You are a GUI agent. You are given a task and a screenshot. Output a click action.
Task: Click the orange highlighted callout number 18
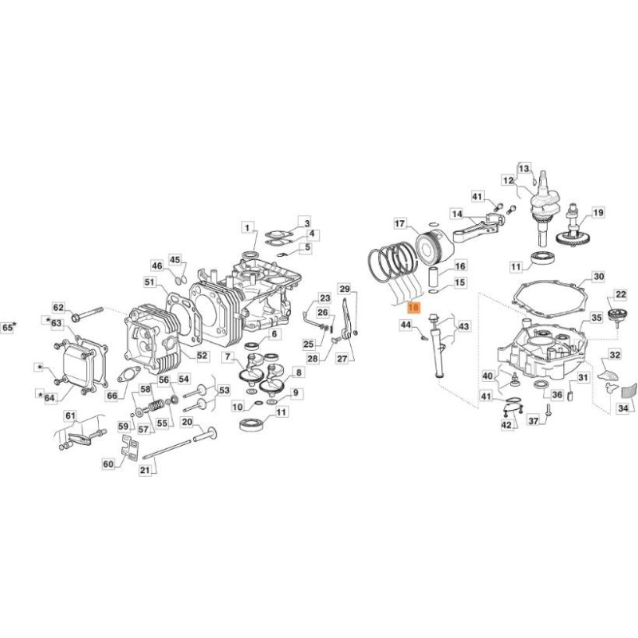[413, 307]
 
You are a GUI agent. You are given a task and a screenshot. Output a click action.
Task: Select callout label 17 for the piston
[400, 223]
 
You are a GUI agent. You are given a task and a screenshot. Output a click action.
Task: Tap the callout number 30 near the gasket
[599, 277]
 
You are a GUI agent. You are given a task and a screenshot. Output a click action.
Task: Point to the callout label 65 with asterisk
[10, 327]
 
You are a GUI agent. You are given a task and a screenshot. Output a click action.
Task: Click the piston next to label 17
[435, 246]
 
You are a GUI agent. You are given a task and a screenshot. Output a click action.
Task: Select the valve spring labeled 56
[156, 405]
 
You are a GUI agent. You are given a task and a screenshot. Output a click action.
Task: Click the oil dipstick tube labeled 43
[439, 346]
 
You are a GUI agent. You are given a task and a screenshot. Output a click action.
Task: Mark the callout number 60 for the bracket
[108, 464]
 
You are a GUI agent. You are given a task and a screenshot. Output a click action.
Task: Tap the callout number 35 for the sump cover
[596, 317]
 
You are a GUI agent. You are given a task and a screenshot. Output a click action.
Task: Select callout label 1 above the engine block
[247, 228]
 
